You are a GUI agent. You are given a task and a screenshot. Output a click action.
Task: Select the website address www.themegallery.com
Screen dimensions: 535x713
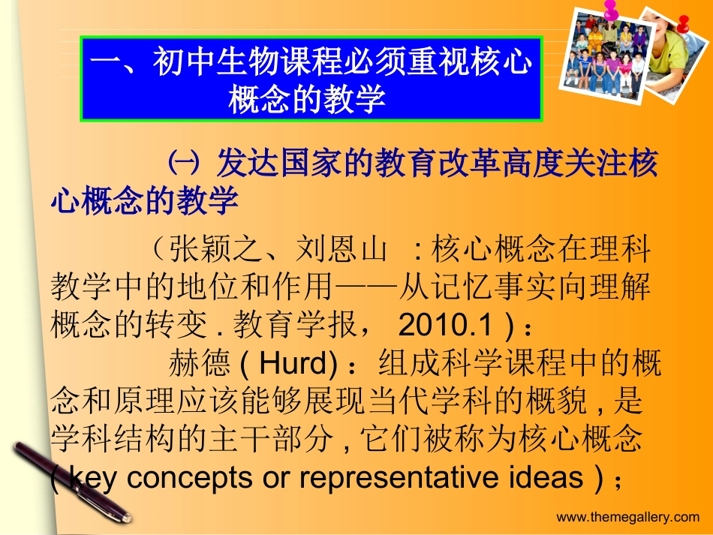click(x=627, y=516)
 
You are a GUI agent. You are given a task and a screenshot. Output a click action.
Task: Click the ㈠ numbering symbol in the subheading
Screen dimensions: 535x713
click(x=182, y=164)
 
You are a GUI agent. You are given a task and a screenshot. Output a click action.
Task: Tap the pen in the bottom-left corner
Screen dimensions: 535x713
click(x=71, y=480)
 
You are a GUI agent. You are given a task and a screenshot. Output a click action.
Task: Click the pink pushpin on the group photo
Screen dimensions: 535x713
click(x=611, y=11)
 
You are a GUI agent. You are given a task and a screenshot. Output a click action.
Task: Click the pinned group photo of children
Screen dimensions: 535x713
click(x=606, y=56)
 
